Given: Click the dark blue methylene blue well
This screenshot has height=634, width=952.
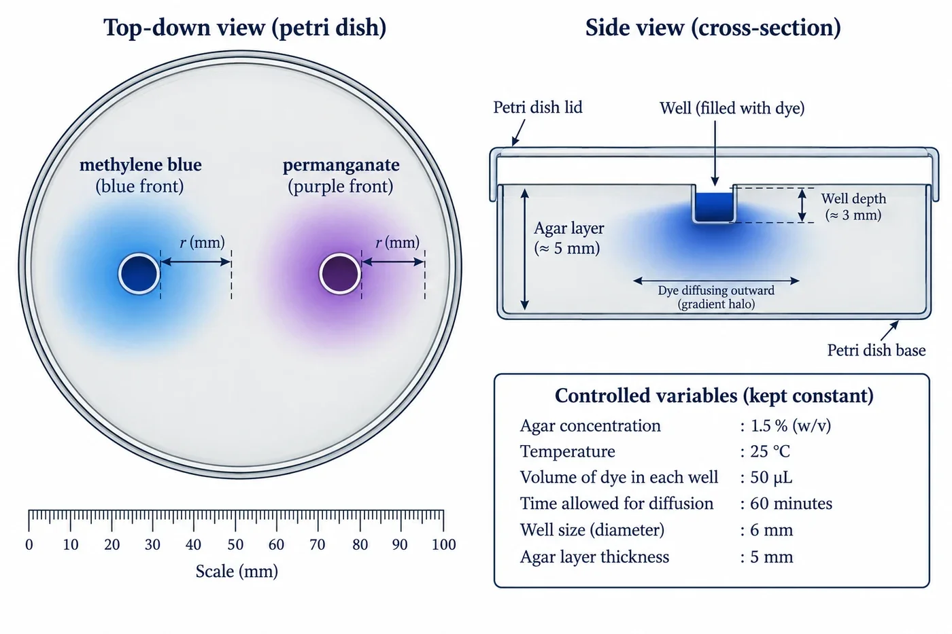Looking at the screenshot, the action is [x=139, y=274].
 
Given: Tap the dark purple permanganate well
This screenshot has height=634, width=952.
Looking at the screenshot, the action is [x=340, y=274].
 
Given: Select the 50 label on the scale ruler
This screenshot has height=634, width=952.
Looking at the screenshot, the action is [x=235, y=544].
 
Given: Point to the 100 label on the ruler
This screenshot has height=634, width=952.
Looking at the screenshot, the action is [x=443, y=544].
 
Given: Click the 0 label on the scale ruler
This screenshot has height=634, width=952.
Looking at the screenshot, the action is [x=29, y=544].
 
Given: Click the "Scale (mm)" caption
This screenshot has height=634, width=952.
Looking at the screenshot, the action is [x=237, y=571].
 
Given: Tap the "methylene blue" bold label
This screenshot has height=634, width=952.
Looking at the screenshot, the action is [x=141, y=164].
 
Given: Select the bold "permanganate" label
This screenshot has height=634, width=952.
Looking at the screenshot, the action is [x=341, y=165].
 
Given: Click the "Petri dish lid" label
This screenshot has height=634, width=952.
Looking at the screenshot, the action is [x=538, y=107].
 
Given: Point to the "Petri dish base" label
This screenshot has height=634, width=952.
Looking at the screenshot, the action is [x=877, y=351].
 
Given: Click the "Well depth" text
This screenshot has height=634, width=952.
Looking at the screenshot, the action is [x=853, y=198].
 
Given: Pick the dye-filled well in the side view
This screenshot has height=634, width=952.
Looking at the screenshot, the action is [x=715, y=207].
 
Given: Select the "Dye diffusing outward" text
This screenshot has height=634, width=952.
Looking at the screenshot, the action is [x=716, y=290].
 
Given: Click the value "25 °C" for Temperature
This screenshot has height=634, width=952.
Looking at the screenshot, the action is [x=770, y=451].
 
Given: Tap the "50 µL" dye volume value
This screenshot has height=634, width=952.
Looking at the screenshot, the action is [x=771, y=478].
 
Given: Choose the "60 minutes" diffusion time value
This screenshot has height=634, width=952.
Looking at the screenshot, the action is [x=791, y=504].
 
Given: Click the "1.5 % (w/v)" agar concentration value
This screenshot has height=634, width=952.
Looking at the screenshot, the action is [x=790, y=426].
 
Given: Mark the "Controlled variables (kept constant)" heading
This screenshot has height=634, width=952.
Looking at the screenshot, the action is [x=714, y=395].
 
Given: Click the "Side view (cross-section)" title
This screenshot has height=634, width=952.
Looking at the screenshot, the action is [x=713, y=28].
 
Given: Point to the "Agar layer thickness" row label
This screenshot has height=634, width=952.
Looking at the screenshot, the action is [x=594, y=557].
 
